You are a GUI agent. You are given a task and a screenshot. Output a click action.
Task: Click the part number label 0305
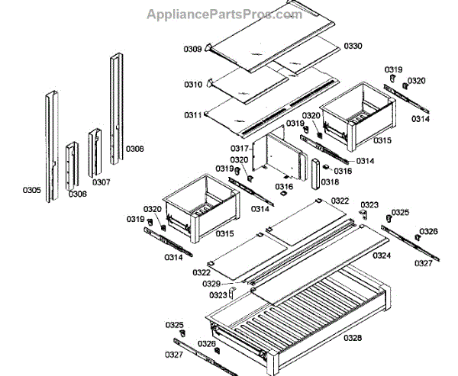click(32, 190)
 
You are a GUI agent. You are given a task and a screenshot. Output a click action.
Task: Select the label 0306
click(77, 194)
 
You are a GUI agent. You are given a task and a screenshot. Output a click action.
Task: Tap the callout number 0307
click(101, 182)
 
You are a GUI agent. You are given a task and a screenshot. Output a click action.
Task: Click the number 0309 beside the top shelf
click(192, 50)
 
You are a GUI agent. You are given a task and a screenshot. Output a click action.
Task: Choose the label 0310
click(192, 84)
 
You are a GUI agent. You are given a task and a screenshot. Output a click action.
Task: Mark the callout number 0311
click(192, 115)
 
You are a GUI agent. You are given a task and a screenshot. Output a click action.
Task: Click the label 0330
click(353, 47)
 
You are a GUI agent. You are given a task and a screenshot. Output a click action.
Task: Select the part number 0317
click(239, 148)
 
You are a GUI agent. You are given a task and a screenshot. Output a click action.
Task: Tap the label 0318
click(330, 182)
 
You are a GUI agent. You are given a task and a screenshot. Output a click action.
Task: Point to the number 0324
click(382, 255)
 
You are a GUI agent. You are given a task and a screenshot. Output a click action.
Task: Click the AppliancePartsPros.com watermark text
click(229, 14)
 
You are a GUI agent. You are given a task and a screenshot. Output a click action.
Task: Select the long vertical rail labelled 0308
click(116, 107)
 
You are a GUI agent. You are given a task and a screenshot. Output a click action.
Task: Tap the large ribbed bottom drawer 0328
click(305, 313)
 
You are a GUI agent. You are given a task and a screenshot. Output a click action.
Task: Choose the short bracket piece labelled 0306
click(71, 164)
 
